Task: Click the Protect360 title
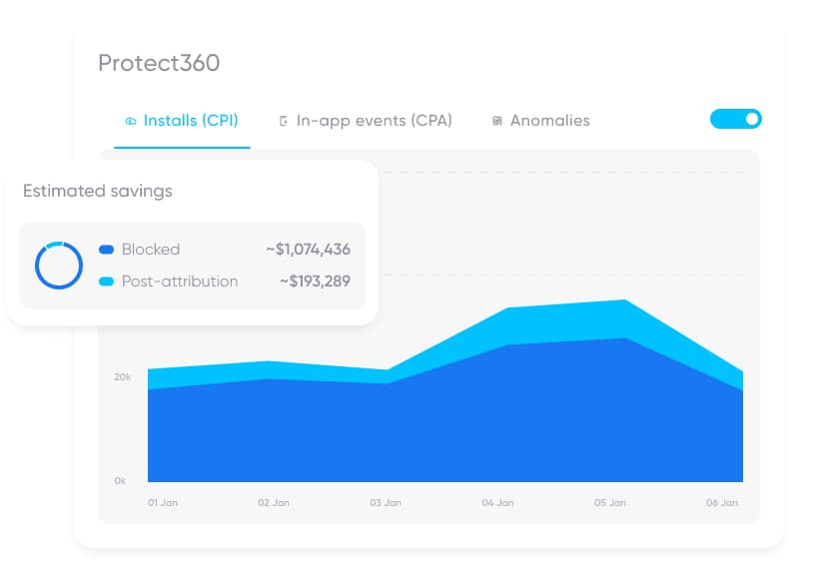point(159,63)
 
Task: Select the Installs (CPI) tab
point(181,121)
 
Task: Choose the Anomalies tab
point(540,121)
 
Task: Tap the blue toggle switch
point(736,119)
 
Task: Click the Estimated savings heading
point(98,191)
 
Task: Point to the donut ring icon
point(59,265)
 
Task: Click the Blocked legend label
point(151,250)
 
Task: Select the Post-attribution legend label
point(180,282)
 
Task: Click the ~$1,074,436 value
point(308,250)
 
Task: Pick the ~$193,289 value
point(315,282)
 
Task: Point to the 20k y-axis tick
point(122,377)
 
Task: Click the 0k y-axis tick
point(120,481)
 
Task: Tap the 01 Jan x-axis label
point(163,503)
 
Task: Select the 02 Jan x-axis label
point(274,503)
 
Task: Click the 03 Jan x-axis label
point(386,503)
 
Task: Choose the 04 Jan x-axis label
point(497,503)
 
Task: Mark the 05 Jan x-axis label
point(609,503)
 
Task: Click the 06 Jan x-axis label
point(721,503)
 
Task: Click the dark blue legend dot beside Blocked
point(107,250)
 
